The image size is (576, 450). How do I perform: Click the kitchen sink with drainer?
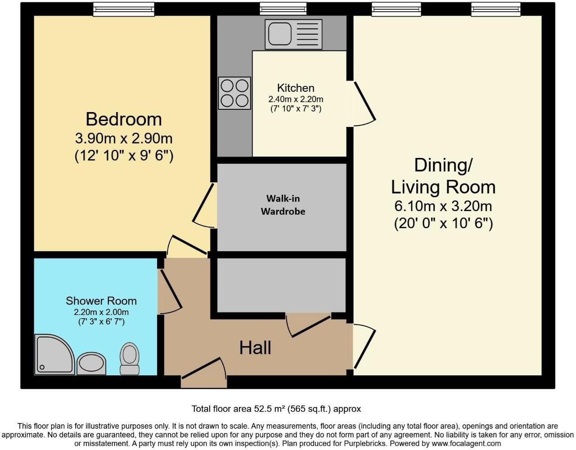[x=293, y=34]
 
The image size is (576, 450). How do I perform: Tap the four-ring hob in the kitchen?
[x=234, y=93]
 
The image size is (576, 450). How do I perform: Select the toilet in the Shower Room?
[x=130, y=359]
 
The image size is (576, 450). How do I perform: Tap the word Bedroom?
[x=124, y=120]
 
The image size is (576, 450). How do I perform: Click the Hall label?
[x=255, y=348]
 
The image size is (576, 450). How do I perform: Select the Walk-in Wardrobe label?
[x=283, y=205]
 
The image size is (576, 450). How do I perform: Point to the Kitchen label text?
[x=296, y=88]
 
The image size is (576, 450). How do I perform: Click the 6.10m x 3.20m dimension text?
[x=443, y=206]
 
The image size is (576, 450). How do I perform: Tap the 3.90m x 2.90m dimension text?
[x=124, y=138]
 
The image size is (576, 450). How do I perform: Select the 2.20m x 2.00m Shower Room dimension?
[x=101, y=312]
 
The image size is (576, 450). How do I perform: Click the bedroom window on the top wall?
[x=124, y=9]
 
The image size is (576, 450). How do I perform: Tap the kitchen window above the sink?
[x=283, y=9]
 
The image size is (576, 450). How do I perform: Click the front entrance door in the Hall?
[x=204, y=372]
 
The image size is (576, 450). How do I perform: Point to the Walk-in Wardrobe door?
[x=203, y=206]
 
